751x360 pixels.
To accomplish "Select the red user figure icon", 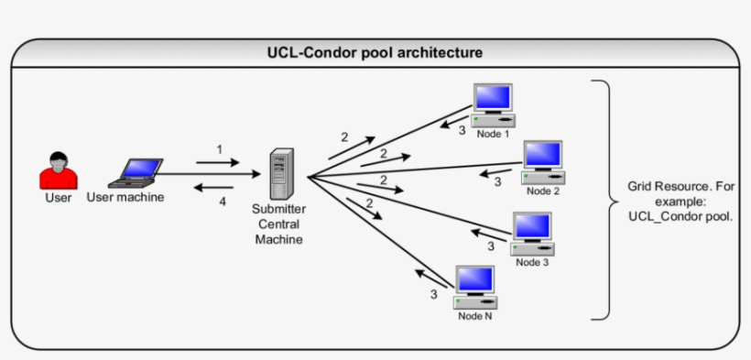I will tap(58, 170).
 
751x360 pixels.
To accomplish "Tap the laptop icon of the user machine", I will tap(138, 171).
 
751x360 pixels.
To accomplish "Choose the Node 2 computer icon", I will tap(542, 162).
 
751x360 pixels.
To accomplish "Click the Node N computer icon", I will tap(474, 288).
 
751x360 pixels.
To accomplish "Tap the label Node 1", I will tap(493, 134).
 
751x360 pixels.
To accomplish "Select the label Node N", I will tap(475, 317).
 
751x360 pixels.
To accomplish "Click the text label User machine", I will tap(125, 197).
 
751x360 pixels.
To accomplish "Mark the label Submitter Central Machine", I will tap(278, 224).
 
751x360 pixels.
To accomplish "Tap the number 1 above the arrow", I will tap(220, 149).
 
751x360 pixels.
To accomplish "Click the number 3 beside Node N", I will tap(434, 295).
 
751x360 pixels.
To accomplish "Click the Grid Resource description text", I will tap(680, 201).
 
